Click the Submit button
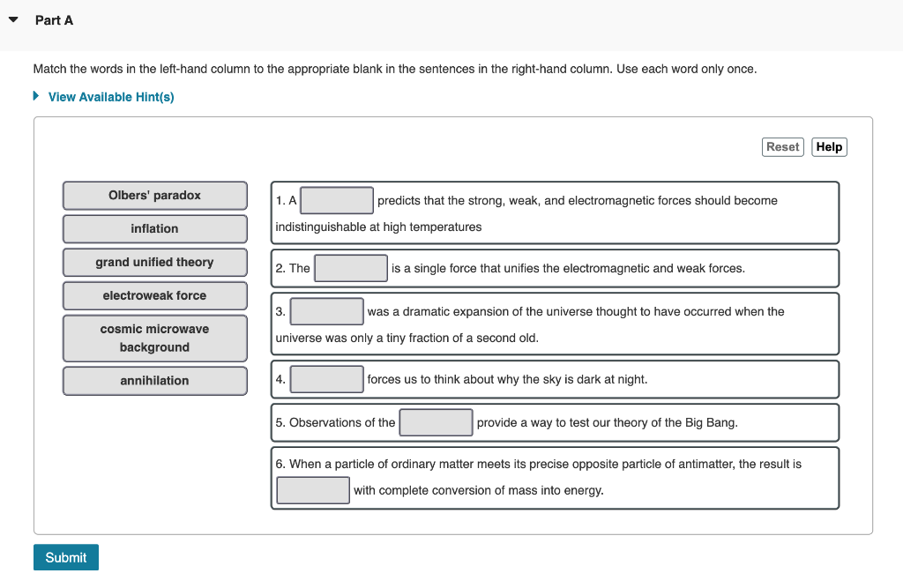[66, 557]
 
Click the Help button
[829, 147]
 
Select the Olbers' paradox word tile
[154, 196]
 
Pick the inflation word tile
[154, 229]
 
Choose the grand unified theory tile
[154, 263]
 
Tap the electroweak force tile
[154, 296]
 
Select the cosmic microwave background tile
[154, 339]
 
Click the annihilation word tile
[154, 381]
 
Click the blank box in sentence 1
[337, 200]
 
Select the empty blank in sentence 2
[351, 268]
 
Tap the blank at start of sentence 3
[326, 311]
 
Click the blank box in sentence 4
[326, 379]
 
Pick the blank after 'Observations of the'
[436, 422]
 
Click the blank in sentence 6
[313, 490]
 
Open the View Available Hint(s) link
[111, 97]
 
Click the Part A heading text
[54, 20]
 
